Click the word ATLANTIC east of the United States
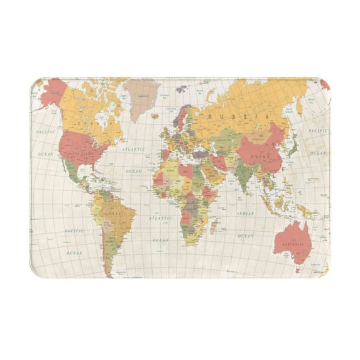coord(133,150)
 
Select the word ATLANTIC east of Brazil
coord(160,218)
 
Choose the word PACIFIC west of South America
coord(74,231)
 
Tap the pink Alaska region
coord(48,94)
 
